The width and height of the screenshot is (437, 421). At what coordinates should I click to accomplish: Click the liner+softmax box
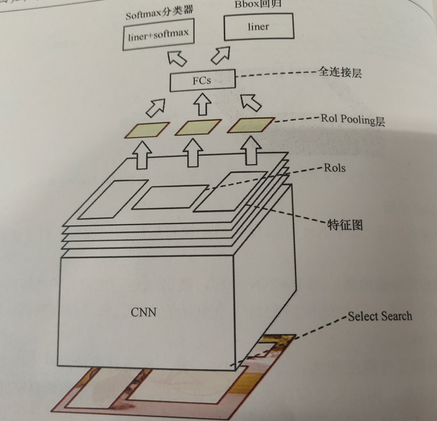158,35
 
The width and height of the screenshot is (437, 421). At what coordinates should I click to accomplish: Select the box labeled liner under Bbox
258,27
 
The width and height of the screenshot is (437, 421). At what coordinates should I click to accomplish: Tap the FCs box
202,81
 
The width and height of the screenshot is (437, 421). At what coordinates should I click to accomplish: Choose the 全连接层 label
340,73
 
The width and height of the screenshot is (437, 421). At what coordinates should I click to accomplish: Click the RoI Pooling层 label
352,119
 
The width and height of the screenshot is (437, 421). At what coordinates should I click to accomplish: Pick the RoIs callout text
335,167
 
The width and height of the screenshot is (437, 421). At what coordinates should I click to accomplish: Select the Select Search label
379,316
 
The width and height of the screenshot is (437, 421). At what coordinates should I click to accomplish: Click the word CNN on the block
144,312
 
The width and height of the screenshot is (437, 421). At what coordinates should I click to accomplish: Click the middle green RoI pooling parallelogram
198,127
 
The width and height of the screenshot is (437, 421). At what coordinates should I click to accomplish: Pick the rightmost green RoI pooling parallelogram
251,125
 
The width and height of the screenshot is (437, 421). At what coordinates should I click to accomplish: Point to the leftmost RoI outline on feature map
112,199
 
